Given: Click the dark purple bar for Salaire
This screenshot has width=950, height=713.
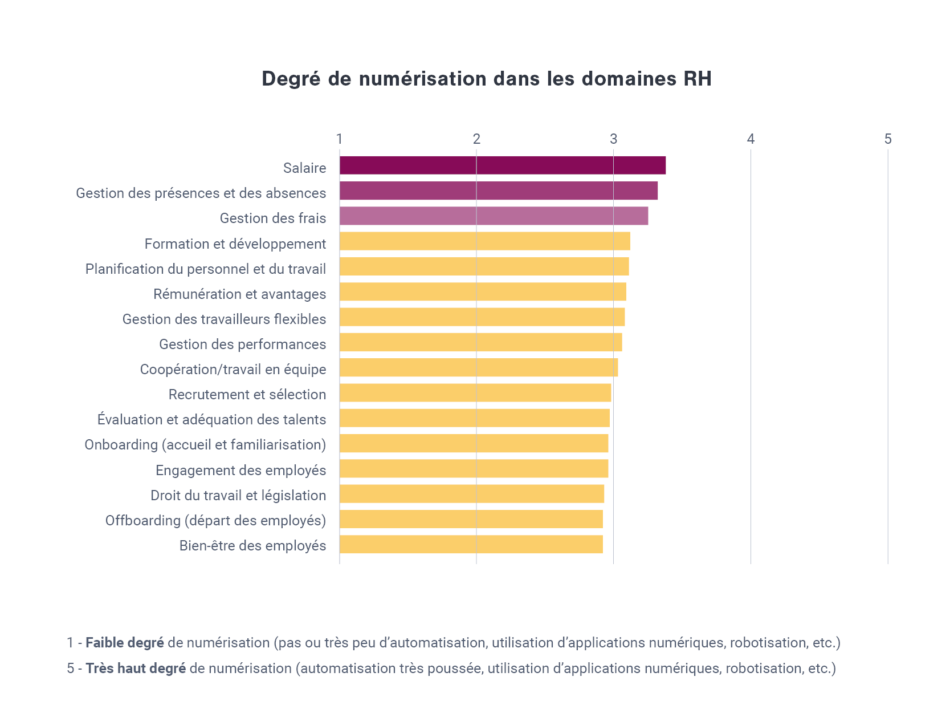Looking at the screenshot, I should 502,165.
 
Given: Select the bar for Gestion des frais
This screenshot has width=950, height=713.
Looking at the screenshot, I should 494,216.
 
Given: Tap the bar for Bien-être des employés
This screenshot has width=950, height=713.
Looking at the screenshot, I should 471,544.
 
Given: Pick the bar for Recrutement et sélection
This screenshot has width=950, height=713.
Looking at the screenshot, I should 475,393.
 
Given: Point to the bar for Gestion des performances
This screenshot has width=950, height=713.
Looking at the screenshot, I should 480,342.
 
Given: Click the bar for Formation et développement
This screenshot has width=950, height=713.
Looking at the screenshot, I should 484,241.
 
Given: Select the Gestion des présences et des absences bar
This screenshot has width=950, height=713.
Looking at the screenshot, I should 498,191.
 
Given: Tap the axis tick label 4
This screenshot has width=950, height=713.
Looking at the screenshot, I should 751,139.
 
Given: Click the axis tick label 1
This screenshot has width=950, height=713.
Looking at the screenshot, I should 340,139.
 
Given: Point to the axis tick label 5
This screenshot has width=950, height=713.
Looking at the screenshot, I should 887,139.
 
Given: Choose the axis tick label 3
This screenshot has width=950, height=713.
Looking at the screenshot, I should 613,139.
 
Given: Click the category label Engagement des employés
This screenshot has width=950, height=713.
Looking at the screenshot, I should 240,470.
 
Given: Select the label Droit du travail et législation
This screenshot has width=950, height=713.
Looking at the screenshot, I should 238,495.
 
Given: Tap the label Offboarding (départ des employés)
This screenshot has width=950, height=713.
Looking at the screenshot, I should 215,520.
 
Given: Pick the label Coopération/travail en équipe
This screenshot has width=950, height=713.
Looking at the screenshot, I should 233,370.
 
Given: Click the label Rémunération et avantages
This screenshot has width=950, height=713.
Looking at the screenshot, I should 239,294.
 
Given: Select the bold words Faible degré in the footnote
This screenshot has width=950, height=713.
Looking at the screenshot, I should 124,643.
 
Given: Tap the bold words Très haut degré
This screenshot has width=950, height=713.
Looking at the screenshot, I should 136,669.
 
